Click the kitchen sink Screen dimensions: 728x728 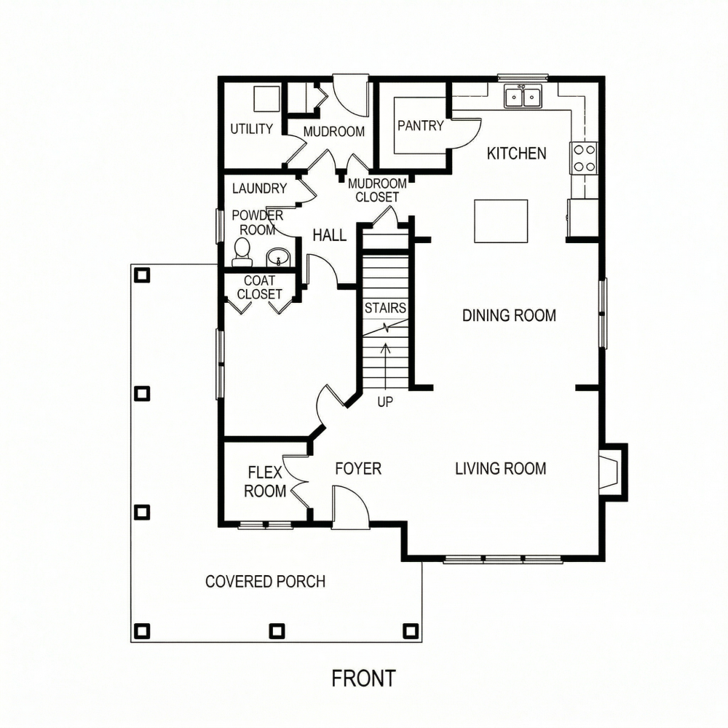[523, 96]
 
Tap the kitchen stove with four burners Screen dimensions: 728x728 [584, 158]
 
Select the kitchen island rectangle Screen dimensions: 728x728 [501, 221]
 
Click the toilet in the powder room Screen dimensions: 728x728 [242, 253]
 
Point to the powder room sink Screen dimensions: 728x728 [277, 257]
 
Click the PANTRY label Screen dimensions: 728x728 [421, 125]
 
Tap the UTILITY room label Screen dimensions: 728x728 [252, 129]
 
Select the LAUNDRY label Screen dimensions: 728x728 [260, 189]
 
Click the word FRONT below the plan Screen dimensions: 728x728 [363, 678]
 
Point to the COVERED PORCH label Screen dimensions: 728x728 [265, 581]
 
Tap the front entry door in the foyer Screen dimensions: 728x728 [351, 507]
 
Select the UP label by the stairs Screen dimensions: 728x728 [385, 402]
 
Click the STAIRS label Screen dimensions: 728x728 [385, 308]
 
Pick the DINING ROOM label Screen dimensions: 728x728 [509, 316]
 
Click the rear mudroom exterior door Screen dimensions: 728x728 [351, 96]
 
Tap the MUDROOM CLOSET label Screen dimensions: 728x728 [377, 190]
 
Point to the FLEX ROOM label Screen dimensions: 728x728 [265, 482]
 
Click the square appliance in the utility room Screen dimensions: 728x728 [266, 98]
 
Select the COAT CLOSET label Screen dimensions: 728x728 [260, 288]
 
